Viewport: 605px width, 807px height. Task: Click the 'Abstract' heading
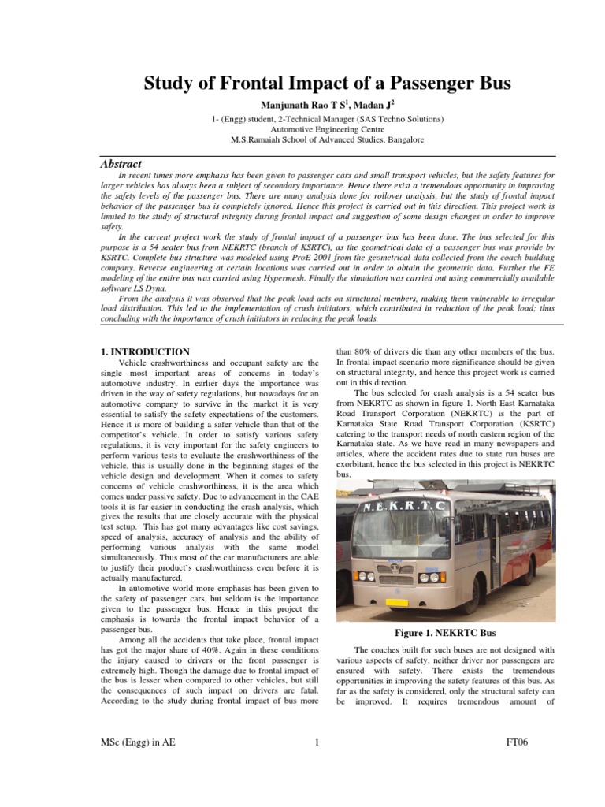click(x=121, y=164)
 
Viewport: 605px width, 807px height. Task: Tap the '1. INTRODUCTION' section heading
click(x=145, y=351)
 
